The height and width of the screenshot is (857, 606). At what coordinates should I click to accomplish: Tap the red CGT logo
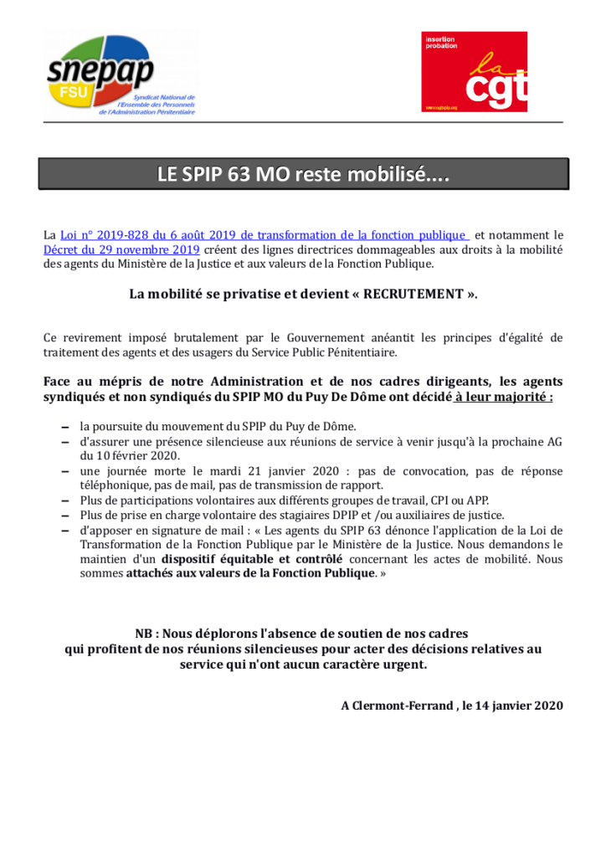point(474,72)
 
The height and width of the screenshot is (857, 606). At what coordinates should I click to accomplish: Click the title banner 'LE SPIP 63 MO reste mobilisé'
point(303,175)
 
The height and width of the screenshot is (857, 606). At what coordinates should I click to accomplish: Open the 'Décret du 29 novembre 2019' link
point(121,249)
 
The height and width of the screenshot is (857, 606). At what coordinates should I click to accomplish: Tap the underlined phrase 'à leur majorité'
point(502,396)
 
